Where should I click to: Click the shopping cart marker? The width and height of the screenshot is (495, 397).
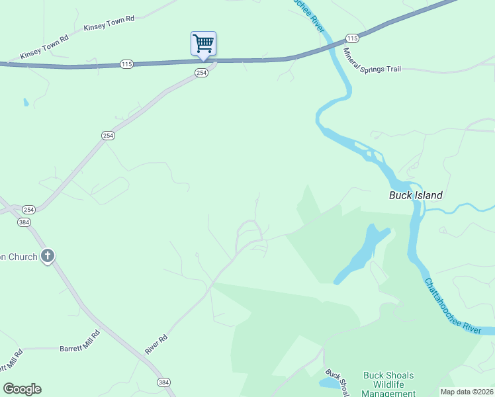point(203,44)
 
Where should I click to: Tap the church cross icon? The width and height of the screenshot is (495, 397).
point(47,255)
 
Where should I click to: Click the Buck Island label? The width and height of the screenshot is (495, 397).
point(415,195)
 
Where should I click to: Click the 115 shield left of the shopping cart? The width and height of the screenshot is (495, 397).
point(127,64)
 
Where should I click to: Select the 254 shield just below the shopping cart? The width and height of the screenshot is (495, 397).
point(202,73)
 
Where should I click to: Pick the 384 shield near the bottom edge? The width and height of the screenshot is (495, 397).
point(163,382)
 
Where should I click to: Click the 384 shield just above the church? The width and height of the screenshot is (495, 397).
point(25,222)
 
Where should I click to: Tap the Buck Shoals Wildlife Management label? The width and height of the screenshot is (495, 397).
point(388,384)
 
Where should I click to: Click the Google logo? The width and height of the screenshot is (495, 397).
point(22,389)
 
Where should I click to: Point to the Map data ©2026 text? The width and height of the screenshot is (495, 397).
point(466,392)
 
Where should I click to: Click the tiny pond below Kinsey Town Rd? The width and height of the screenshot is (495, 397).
point(25,103)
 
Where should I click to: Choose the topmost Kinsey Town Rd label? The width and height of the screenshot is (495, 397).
point(109,23)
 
